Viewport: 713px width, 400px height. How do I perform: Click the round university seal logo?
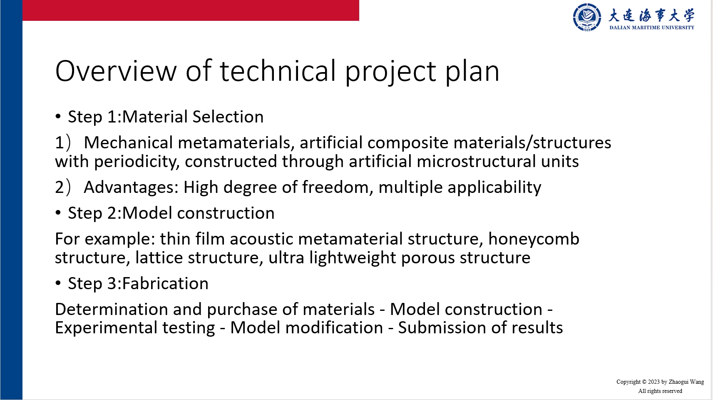pyautogui.click(x=587, y=17)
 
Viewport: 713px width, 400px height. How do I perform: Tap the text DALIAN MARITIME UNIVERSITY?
pyautogui.click(x=651, y=27)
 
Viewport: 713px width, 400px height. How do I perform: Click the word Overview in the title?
pyautogui.click(x=116, y=71)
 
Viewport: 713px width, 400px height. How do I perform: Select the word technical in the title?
pyautogui.click(x=278, y=71)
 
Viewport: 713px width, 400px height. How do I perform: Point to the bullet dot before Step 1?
pyautogui.click(x=58, y=116)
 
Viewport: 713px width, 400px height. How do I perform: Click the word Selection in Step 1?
pyautogui.click(x=228, y=117)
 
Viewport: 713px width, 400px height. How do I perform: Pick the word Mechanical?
pyautogui.click(x=128, y=142)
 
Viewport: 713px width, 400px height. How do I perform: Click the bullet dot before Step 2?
pyautogui.click(x=58, y=212)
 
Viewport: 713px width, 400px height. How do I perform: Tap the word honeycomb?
pyautogui.click(x=534, y=239)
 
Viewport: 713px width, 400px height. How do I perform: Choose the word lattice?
pyautogui.click(x=159, y=257)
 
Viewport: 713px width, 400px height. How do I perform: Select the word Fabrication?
pyautogui.click(x=165, y=283)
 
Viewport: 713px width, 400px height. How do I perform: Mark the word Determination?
pyautogui.click(x=112, y=309)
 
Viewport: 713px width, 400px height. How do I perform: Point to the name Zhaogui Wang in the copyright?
pyautogui.click(x=686, y=382)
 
